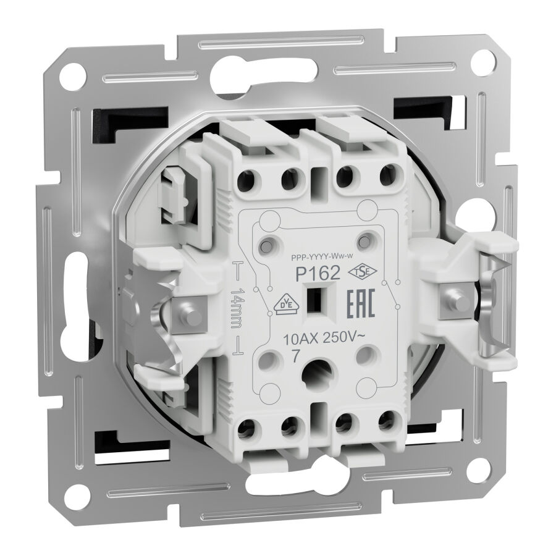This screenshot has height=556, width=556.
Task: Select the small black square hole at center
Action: click(319, 300)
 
